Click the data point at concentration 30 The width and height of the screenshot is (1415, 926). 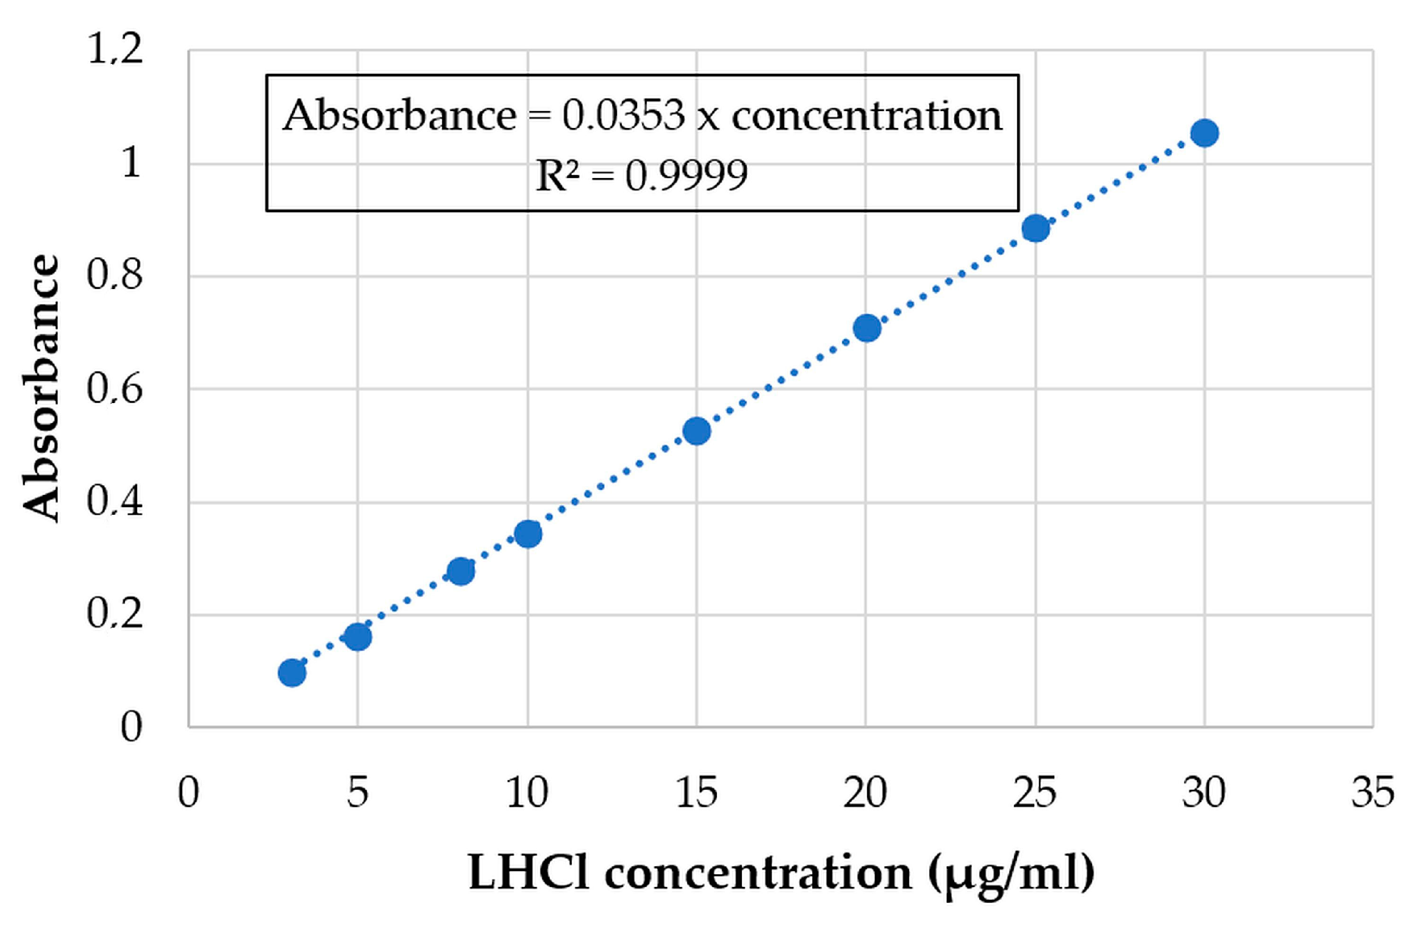(1204, 133)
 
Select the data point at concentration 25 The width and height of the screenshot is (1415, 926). (1035, 228)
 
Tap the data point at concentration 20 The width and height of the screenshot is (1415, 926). (866, 328)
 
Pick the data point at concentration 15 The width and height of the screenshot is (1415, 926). (696, 431)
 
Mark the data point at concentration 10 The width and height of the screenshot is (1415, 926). (527, 534)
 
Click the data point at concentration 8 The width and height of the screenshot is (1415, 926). (460, 571)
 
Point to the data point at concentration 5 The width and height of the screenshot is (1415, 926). (358, 637)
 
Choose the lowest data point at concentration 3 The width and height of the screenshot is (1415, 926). (292, 674)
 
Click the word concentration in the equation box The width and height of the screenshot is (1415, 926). (866, 115)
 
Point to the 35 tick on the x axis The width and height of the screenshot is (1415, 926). (1372, 793)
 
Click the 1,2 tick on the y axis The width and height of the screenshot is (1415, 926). (115, 49)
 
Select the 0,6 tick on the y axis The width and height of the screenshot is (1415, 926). (115, 389)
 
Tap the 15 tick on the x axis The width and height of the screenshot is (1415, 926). (696, 793)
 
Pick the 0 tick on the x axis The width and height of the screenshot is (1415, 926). (189, 793)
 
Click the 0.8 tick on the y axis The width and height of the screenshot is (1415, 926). (115, 275)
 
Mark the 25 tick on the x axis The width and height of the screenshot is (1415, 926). (1035, 793)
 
